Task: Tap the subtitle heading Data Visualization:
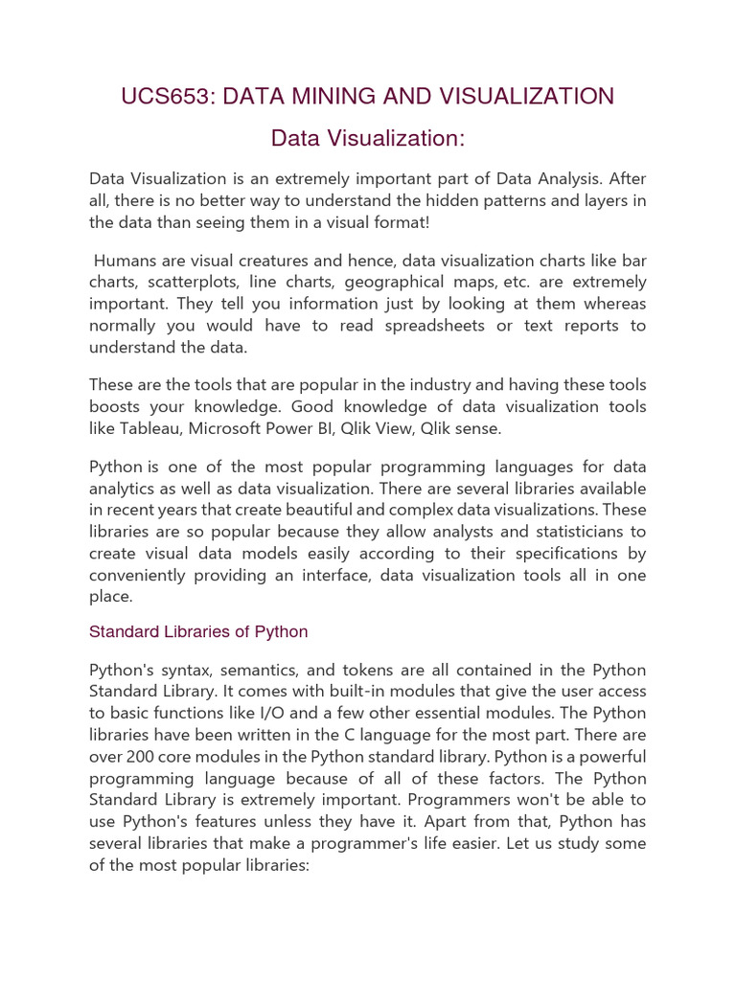[x=367, y=139]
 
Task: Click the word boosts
[x=115, y=406]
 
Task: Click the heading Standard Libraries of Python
[x=198, y=632]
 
